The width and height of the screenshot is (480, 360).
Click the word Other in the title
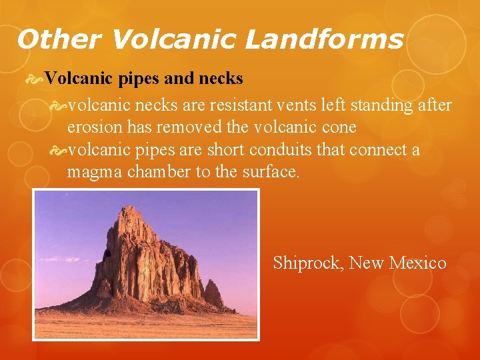(x=59, y=40)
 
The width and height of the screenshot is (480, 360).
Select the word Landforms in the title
(x=324, y=40)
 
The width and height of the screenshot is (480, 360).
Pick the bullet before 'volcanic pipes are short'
(x=59, y=150)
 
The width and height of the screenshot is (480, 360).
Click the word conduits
(x=278, y=149)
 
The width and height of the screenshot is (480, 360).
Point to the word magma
(x=91, y=171)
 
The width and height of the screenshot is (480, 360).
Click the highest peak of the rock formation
(x=125, y=209)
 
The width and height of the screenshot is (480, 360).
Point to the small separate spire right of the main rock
(x=213, y=293)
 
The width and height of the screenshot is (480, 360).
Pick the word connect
(x=379, y=149)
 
